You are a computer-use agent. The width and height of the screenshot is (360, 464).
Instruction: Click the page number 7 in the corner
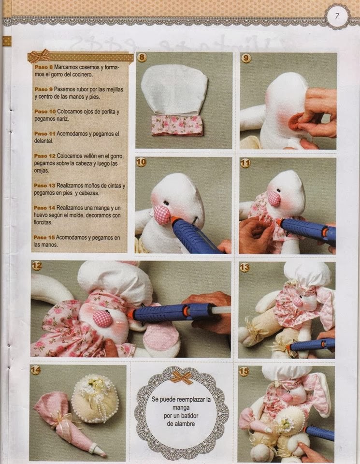pos(337,16)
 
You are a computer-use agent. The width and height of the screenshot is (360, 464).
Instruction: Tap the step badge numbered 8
pos(142,57)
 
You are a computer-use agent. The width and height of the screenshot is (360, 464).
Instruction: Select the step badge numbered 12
pos(36,265)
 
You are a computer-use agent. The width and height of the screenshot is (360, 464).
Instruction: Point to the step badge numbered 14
pos(35,370)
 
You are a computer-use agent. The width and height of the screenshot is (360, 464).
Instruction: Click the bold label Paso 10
pos(45,112)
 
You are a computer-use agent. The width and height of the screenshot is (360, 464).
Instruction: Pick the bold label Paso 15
pos(44,237)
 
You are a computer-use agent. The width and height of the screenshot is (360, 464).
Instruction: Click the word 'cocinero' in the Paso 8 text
pos(82,74)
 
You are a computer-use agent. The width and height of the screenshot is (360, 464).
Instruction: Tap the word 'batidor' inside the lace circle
pos(188,416)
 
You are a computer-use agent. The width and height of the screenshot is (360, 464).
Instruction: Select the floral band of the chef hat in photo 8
pos(177,125)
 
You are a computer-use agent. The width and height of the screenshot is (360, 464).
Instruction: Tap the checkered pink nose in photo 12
pos(102,318)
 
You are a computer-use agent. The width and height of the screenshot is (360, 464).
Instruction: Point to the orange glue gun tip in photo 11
pos(279,222)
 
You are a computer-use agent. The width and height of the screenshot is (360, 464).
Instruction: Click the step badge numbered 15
pos(244,371)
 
